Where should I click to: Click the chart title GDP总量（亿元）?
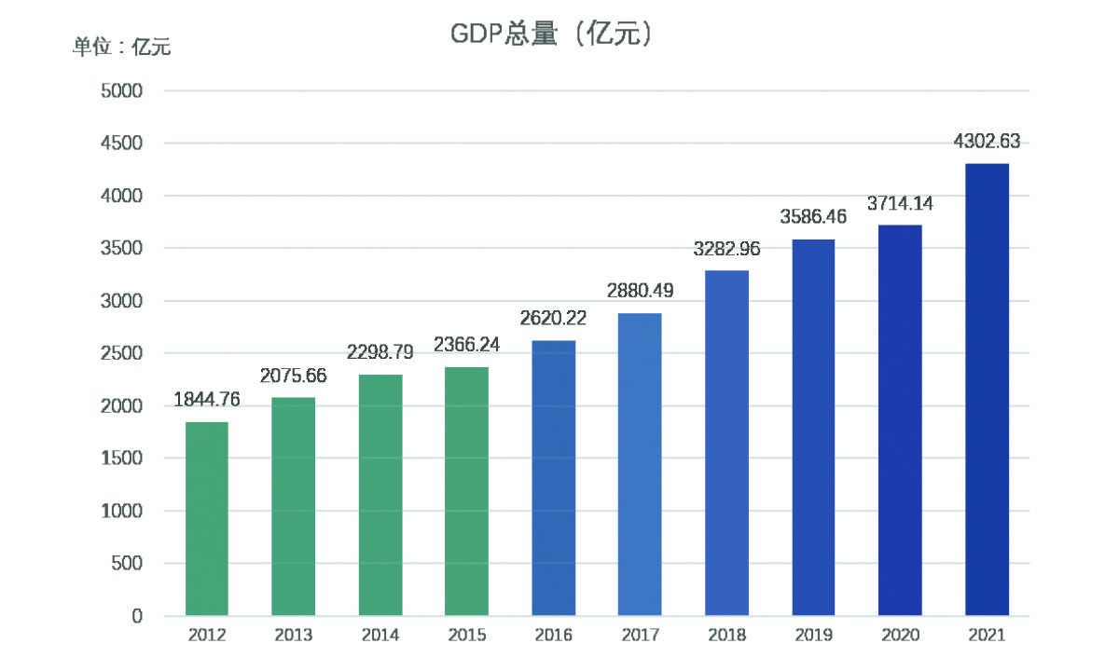(x=551, y=34)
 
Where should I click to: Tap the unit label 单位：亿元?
(x=122, y=47)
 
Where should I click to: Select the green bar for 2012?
(x=207, y=519)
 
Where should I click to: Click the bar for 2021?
(x=988, y=390)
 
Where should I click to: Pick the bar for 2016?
(x=554, y=478)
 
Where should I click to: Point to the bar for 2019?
(x=813, y=428)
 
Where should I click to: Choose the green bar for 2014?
(x=380, y=495)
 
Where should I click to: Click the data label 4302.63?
(x=987, y=142)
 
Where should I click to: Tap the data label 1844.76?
(x=207, y=400)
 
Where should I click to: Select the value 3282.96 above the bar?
(x=726, y=249)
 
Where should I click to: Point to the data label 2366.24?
(x=466, y=345)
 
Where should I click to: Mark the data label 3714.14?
(x=900, y=203)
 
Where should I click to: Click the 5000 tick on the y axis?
(x=121, y=91)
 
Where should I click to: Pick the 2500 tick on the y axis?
(x=121, y=353)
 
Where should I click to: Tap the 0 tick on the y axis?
(x=137, y=616)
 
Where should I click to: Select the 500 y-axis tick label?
(x=127, y=563)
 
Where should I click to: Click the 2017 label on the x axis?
(x=640, y=635)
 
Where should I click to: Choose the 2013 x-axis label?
(x=293, y=635)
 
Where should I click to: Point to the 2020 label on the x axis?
(x=900, y=635)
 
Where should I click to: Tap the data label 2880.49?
(x=640, y=291)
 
